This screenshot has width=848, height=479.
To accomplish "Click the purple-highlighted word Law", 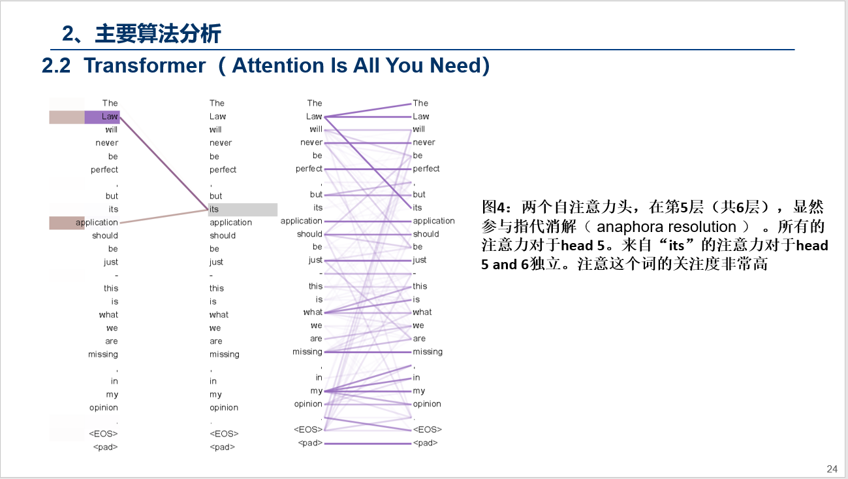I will (109, 117).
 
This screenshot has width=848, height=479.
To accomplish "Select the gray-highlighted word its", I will (214, 210).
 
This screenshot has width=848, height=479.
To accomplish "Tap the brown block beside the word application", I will (67, 223).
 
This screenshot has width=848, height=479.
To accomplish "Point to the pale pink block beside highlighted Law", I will (67, 117).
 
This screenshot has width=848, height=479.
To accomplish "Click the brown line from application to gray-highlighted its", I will (163, 216).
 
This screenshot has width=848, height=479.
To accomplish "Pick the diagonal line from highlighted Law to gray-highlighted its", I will (163, 163).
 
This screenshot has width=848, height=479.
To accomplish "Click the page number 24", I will (832, 469).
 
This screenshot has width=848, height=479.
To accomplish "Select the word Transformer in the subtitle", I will (144, 66).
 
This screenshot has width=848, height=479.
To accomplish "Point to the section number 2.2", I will (56, 66).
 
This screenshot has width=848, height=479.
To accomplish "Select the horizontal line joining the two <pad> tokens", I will (368, 444).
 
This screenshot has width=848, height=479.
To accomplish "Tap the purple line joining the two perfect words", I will (368, 169).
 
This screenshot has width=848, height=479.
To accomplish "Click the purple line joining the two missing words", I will (368, 352).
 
